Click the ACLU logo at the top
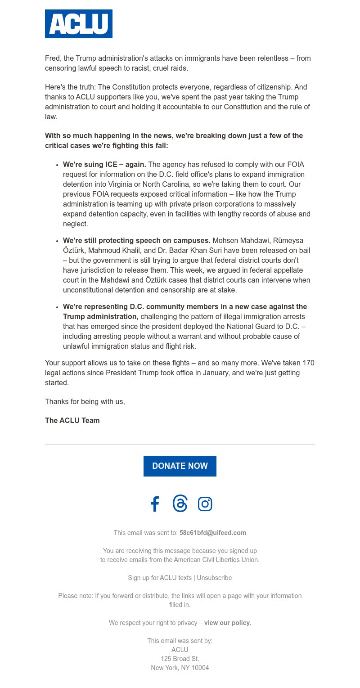point(79,24)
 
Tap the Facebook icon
point(155,504)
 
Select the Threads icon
point(180,504)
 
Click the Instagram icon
point(205,504)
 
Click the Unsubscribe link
point(214,578)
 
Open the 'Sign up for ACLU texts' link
point(160,578)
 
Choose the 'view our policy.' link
point(228,623)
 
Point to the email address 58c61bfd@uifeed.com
point(213,533)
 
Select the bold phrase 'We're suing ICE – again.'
point(104,165)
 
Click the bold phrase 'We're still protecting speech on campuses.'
point(137,241)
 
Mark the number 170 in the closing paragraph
point(308,363)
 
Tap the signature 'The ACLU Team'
point(72,421)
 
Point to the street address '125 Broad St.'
point(180,659)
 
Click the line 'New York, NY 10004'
point(180,668)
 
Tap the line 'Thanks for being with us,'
point(85,402)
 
